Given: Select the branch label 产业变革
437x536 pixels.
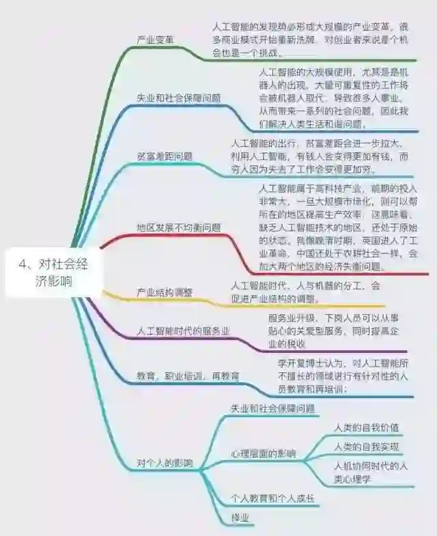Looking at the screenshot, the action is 156,39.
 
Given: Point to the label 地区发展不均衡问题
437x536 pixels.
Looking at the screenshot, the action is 179,227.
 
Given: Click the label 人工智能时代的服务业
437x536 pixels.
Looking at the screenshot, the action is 183,331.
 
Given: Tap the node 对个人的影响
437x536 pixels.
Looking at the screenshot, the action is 165,463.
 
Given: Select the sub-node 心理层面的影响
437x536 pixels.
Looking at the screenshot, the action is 263,453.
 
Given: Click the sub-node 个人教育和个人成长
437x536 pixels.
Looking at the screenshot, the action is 272,499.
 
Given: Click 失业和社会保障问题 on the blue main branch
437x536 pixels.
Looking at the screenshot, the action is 179,98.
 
